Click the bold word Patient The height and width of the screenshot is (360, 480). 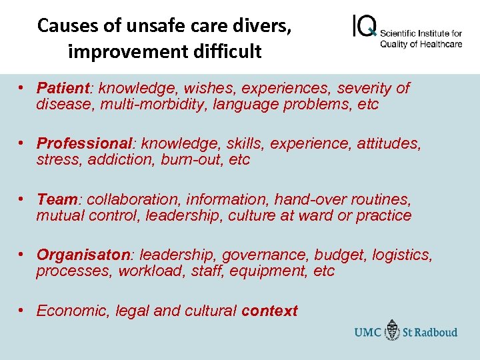63,88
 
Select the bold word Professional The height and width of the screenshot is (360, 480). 85,143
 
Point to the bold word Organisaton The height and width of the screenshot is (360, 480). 85,255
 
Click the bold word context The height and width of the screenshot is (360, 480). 269,311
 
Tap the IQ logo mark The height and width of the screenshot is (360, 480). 363,27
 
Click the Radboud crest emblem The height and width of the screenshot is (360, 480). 393,331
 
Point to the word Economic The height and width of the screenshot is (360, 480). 73,311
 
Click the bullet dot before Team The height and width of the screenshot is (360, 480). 22,199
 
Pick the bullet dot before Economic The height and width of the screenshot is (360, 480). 22,310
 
